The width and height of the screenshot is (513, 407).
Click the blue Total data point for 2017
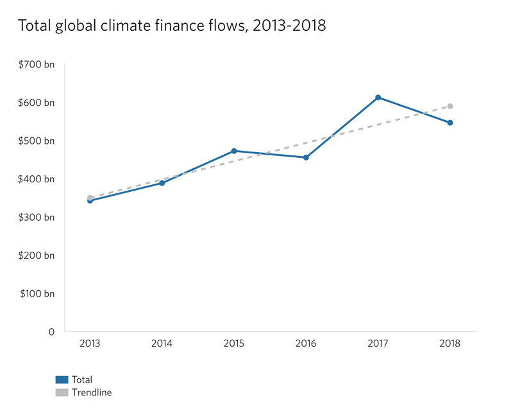[x=378, y=98]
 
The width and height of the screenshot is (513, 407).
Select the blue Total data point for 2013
[x=90, y=201]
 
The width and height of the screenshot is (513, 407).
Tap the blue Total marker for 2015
[x=234, y=151]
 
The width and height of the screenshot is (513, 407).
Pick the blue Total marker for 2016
[x=306, y=157]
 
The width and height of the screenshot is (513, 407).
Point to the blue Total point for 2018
[x=450, y=123]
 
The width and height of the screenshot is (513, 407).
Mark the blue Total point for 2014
[x=162, y=183]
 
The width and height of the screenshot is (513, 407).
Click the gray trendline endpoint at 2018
[x=450, y=106]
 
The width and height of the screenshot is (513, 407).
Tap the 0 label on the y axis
[x=51, y=332]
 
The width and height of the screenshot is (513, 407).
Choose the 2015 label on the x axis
[x=234, y=344]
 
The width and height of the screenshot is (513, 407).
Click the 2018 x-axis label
[x=450, y=344]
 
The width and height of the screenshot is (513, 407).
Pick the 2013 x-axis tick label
[x=90, y=344]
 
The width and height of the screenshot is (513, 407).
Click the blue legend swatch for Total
[x=62, y=380]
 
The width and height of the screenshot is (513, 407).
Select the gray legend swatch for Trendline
[x=62, y=392]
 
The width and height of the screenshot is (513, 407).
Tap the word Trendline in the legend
[x=92, y=392]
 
